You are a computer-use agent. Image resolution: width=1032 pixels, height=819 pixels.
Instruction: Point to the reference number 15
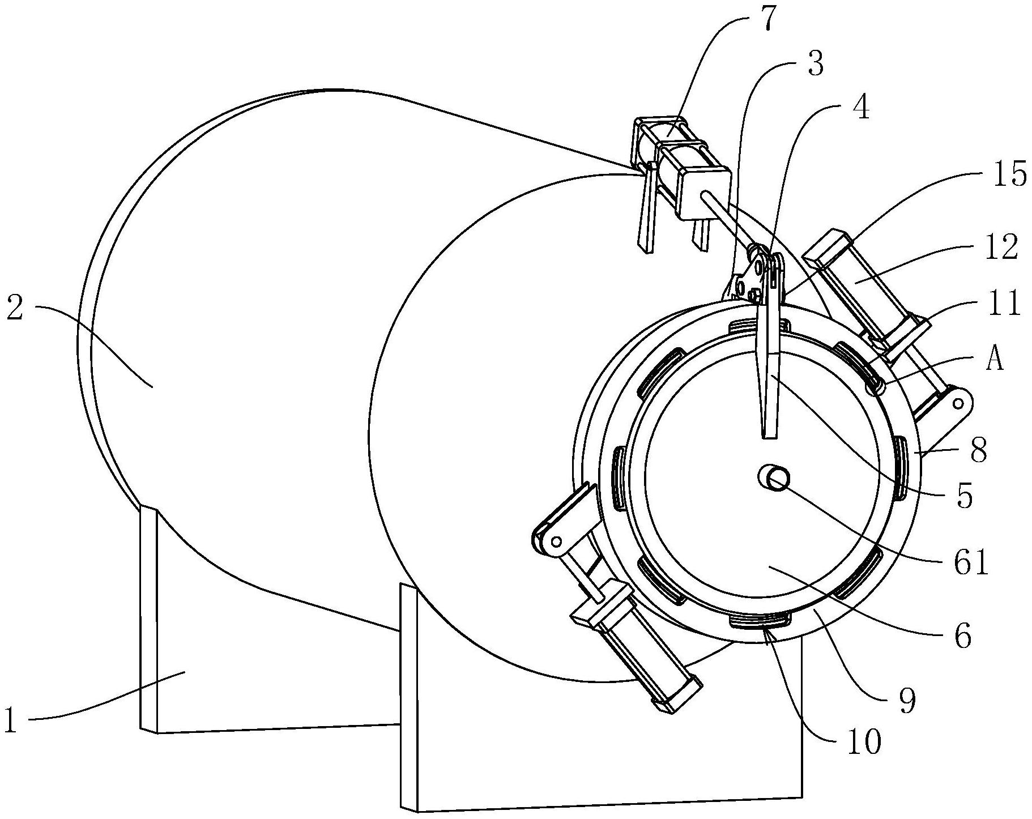click(x=1009, y=175)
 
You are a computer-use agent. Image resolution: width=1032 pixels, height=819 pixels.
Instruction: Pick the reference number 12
click(x=1001, y=248)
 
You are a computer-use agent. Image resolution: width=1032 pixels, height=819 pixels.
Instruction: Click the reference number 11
click(x=1004, y=304)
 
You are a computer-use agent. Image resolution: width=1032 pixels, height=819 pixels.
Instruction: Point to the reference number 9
click(x=906, y=701)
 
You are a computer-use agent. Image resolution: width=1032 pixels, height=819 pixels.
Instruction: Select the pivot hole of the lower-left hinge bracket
click(x=556, y=541)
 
